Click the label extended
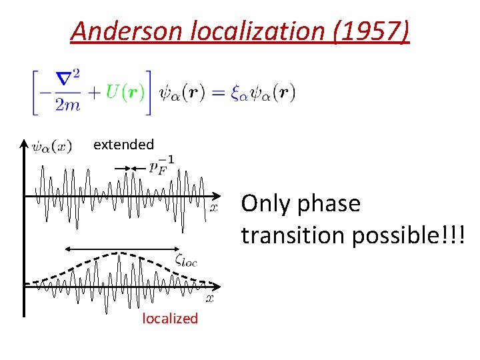click(123, 144)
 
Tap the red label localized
click(170, 319)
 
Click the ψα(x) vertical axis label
click(52, 147)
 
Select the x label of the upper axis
click(214, 207)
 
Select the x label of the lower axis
click(209, 299)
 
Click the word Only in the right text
click(263, 203)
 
